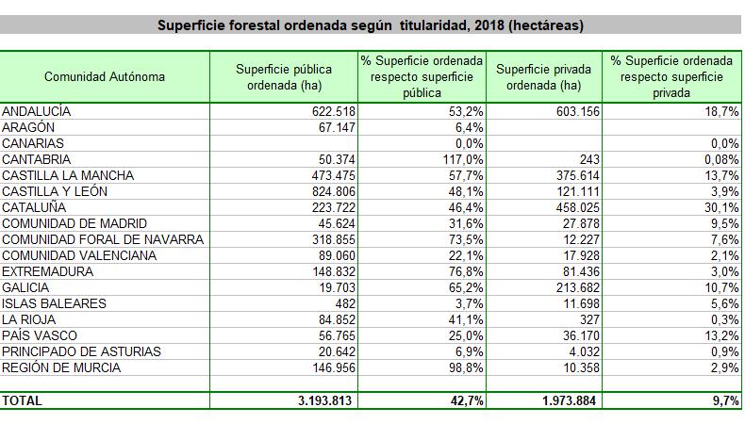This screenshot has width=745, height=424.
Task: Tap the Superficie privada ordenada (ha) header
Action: pos(543,76)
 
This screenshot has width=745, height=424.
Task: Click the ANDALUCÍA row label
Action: pos(37,111)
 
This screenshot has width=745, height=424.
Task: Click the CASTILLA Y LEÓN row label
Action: pos(55,191)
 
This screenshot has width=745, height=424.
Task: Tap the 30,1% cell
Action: pos(720,207)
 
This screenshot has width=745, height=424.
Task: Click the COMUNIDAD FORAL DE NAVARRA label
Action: pos(103,239)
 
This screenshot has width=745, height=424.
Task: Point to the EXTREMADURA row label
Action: pos(48,271)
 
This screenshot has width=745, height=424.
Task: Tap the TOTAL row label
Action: pos(23,400)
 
